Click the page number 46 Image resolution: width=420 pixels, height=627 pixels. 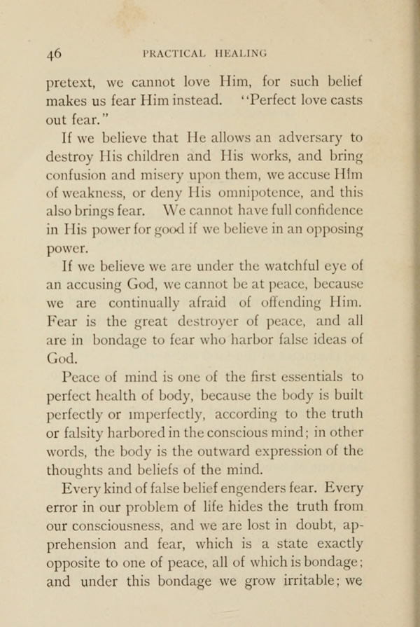click(54, 53)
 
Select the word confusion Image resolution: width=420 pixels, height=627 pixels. click(74, 191)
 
